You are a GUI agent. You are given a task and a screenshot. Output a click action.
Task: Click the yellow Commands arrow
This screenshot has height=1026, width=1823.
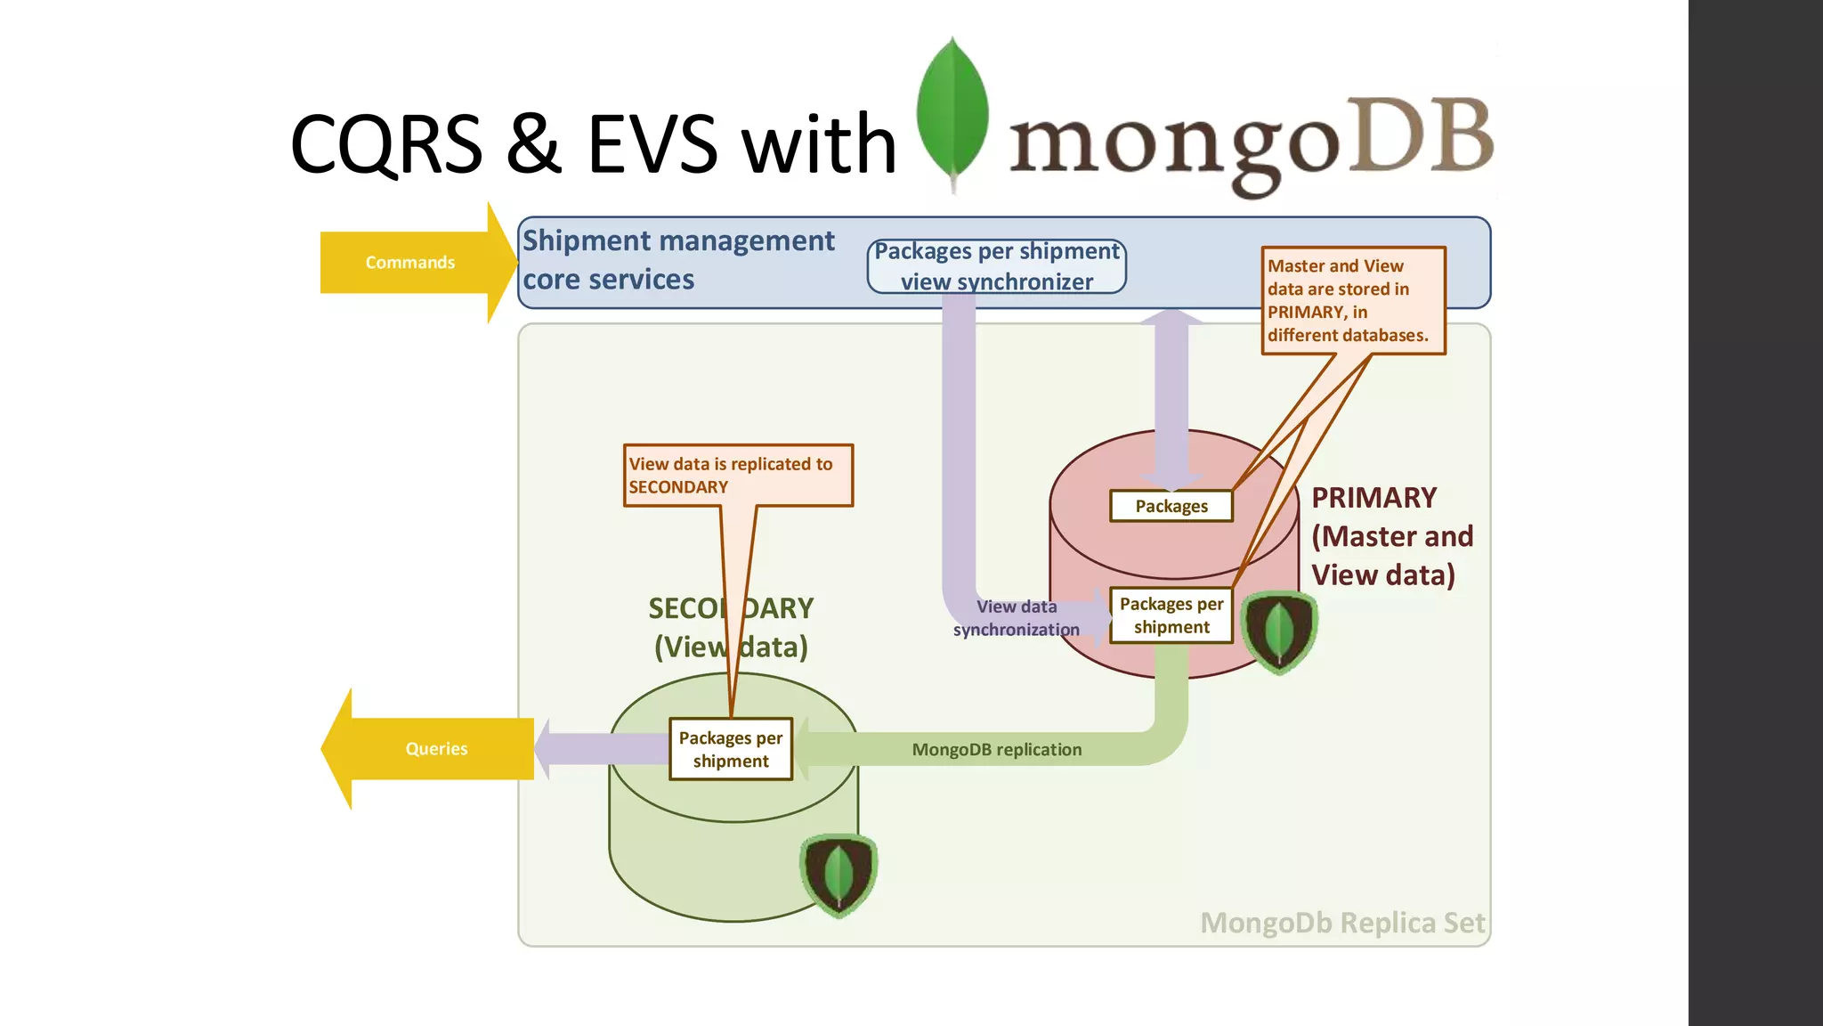point(410,263)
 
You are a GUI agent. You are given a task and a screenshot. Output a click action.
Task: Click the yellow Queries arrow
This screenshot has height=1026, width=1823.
point(435,749)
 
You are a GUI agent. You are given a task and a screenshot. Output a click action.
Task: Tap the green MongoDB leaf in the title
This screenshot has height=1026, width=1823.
point(952,111)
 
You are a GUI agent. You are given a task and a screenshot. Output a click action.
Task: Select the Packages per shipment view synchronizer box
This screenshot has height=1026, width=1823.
point(996,266)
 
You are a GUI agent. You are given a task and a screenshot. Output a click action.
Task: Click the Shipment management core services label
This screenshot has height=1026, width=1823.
point(677,260)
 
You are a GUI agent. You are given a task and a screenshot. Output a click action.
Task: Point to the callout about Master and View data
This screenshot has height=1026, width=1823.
point(1352,301)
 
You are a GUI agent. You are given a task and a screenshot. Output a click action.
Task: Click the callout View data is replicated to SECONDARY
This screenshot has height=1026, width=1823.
point(737,476)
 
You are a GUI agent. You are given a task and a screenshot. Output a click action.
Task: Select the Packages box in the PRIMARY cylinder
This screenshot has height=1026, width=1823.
point(1171,506)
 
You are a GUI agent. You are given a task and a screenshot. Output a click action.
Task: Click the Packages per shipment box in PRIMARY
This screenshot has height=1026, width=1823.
point(1171,615)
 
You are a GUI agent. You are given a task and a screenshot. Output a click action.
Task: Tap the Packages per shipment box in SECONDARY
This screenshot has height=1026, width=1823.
point(730,749)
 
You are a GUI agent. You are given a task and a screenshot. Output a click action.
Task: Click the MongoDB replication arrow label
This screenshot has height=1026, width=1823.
point(996,750)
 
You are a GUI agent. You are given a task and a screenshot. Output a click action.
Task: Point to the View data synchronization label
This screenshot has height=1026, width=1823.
point(1016,618)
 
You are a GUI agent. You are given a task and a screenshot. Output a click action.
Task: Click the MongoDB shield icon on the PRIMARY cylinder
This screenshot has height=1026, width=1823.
point(1278,631)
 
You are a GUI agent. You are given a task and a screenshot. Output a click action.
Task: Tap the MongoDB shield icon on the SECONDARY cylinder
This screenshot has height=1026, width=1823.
point(838,874)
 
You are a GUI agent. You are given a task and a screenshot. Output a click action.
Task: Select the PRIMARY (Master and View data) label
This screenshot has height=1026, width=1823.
point(1391,536)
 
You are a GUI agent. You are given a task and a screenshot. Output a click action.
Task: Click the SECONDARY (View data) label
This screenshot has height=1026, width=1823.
point(730,628)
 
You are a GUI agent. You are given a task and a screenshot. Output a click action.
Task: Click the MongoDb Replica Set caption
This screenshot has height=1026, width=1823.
point(1341,923)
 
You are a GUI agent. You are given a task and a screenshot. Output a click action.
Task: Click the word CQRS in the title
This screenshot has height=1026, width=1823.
point(386,144)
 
